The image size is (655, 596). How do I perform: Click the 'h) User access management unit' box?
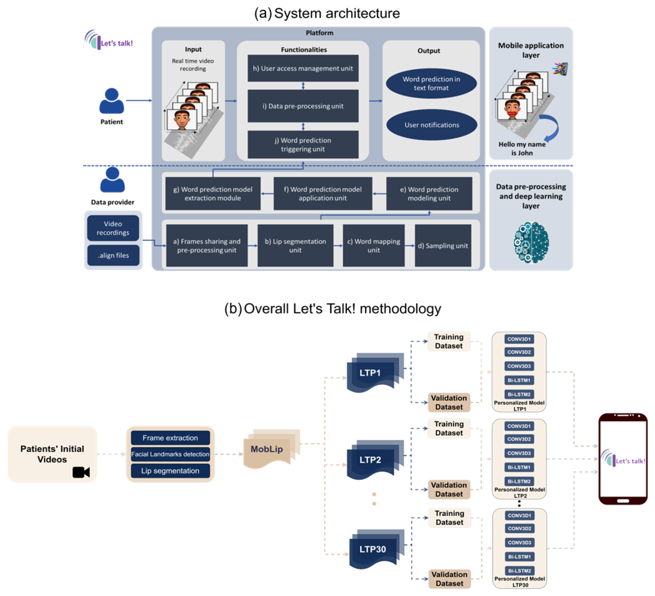point(303,68)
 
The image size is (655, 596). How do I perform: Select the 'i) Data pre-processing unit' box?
point(303,106)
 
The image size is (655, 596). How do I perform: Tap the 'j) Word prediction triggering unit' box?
point(303,145)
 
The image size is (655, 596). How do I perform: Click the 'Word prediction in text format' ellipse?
point(431,84)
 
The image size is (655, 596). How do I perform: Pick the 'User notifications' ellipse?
point(431,125)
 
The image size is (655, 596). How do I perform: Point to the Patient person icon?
point(111,101)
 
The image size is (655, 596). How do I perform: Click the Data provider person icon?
point(112,180)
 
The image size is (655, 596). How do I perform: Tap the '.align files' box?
point(113,255)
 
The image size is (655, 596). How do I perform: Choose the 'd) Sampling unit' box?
point(443,246)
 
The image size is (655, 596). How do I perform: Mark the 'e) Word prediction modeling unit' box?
point(429,194)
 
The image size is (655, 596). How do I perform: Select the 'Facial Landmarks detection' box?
point(170,454)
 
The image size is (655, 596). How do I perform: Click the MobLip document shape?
point(267,449)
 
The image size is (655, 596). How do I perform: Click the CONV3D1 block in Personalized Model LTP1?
point(519,339)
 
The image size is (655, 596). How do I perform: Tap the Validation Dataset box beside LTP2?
point(449,489)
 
